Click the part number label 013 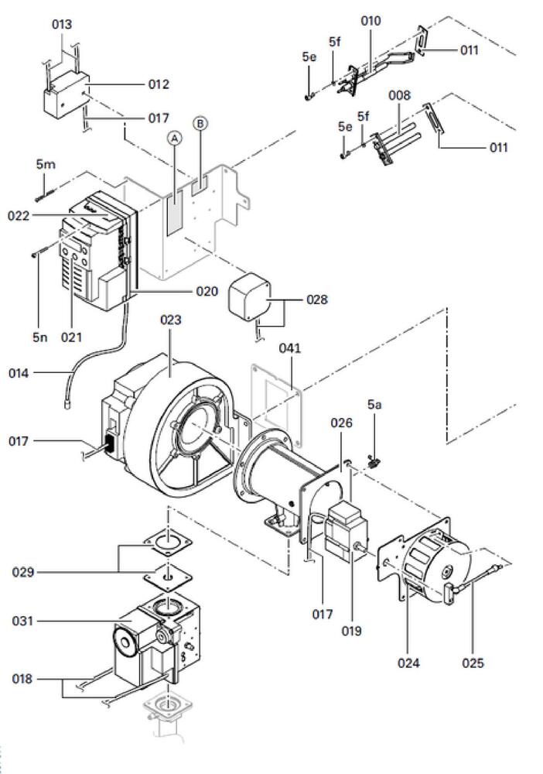point(62,25)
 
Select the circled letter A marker point(175,138)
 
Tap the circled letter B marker point(200,124)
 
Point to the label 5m point(46,165)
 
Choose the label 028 point(317,299)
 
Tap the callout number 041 point(290,349)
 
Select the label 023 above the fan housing point(170,320)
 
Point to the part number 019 point(351,630)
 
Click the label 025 point(473,663)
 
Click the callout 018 point(23,679)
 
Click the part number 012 point(158,84)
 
